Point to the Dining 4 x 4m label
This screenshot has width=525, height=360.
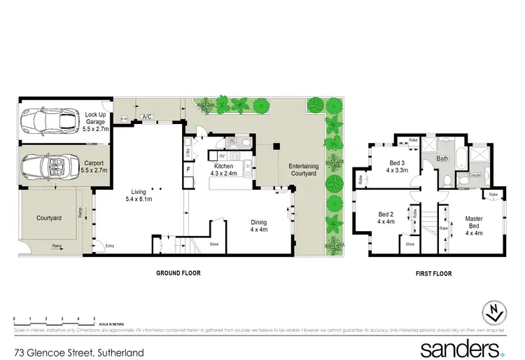click(259, 226)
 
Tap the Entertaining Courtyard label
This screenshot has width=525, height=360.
click(304, 169)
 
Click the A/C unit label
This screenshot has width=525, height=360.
click(147, 117)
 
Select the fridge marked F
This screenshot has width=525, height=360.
click(188, 169)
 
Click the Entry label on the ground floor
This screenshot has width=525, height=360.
click(109, 245)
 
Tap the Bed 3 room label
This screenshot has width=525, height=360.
click(398, 166)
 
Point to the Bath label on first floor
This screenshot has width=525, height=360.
click(442, 159)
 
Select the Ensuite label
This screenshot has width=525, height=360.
click(475, 174)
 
